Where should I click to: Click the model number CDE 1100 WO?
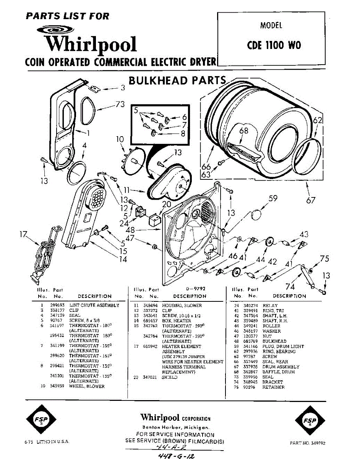tap(274, 45)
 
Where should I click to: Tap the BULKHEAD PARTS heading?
tap(177, 81)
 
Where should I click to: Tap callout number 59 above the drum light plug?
tap(273, 198)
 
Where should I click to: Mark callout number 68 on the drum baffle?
tap(244, 131)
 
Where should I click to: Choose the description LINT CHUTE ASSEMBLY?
tap(94, 305)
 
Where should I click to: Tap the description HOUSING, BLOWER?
tap(182, 305)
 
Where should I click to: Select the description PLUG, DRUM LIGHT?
tap(283, 346)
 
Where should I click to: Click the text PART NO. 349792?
tap(308, 443)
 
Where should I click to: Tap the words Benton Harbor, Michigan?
tap(175, 427)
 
